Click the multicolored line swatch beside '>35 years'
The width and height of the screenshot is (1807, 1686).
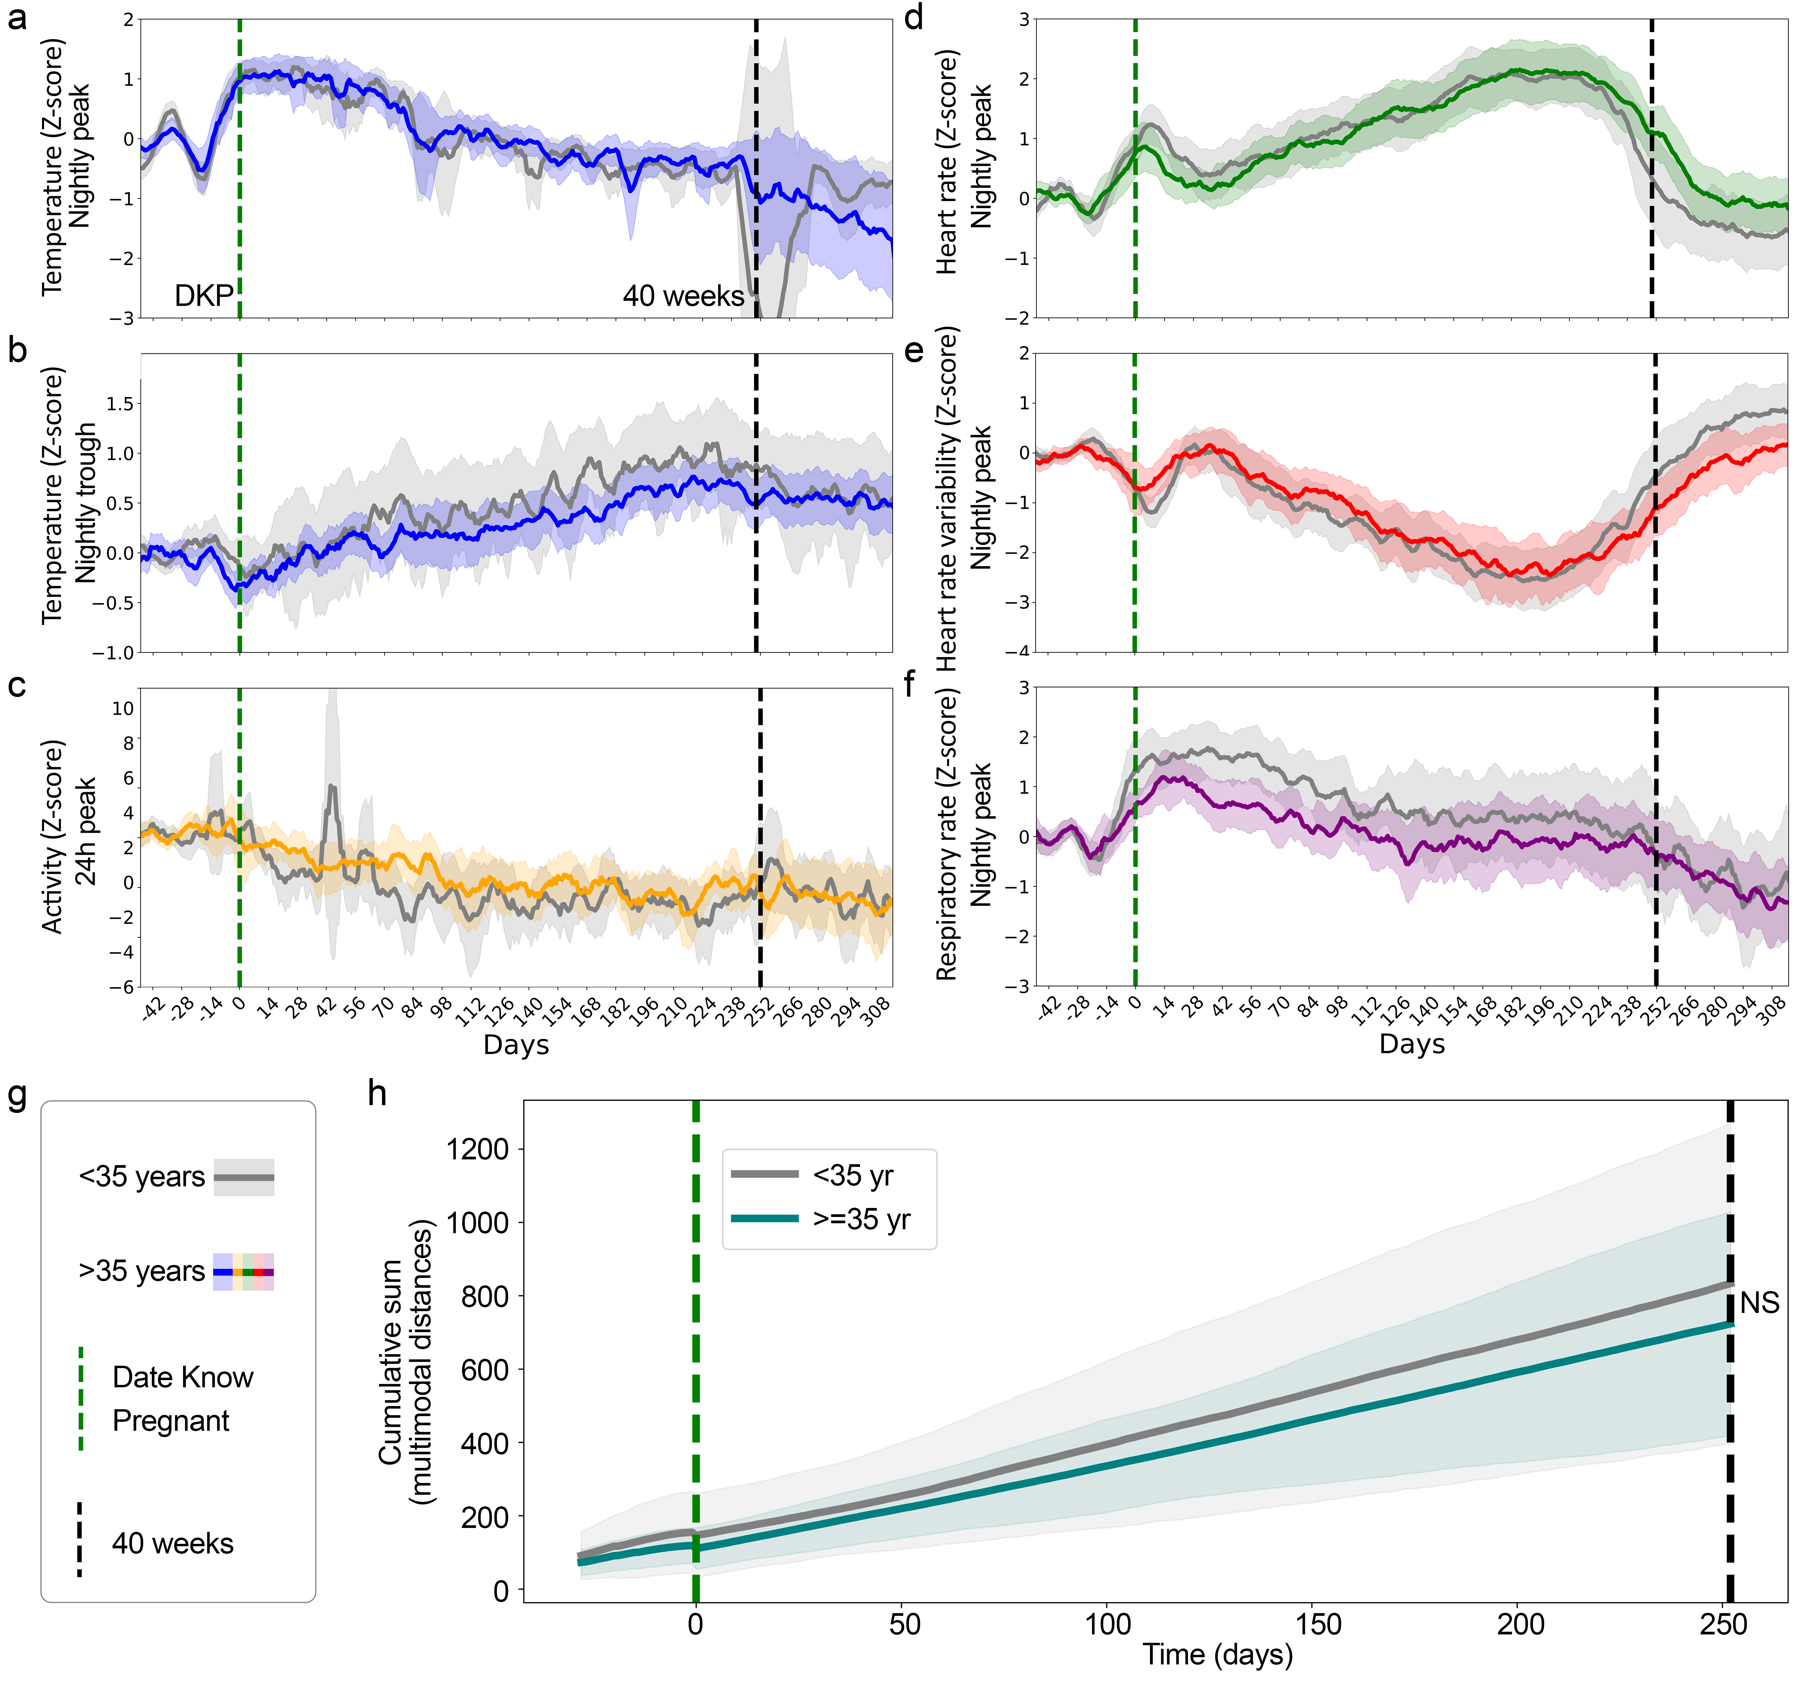[x=243, y=1272]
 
